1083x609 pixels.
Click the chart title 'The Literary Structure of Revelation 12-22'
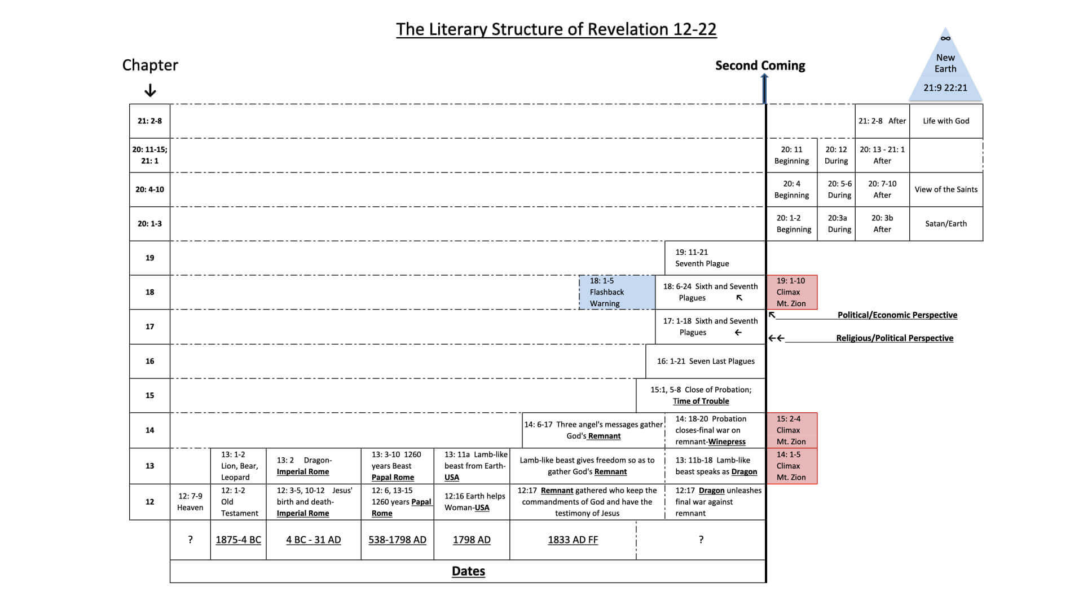(556, 29)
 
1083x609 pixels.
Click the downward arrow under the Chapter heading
(150, 90)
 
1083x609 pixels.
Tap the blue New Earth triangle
(945, 70)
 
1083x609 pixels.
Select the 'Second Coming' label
(760, 65)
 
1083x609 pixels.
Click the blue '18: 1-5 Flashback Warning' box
(617, 292)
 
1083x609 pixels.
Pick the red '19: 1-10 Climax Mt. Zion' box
(791, 292)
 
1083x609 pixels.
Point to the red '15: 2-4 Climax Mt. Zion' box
(791, 430)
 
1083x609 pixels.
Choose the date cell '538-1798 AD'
(397, 540)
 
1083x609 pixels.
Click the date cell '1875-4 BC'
(238, 540)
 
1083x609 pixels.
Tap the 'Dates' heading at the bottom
(468, 571)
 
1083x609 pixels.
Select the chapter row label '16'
(149, 361)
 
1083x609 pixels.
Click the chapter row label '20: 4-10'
(149, 189)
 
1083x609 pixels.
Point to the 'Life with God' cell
(946, 121)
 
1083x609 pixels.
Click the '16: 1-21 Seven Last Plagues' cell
(705, 361)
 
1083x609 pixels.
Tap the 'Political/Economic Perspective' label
(897, 315)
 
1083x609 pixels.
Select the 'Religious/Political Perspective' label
(895, 338)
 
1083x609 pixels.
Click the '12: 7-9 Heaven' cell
(190, 502)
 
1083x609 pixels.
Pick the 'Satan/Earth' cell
(946, 224)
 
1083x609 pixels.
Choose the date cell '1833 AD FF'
(573, 540)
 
